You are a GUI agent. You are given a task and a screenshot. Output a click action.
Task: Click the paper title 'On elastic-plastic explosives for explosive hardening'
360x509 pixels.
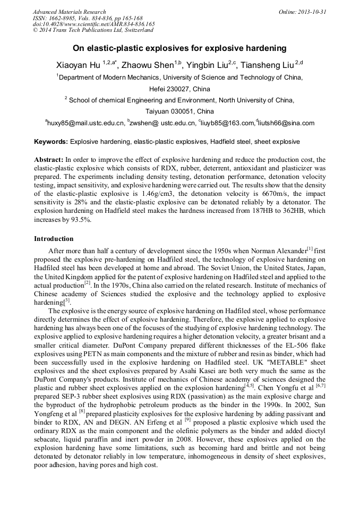pos(179,48)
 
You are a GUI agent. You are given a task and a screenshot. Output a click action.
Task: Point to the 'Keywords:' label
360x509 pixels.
pos(51,142)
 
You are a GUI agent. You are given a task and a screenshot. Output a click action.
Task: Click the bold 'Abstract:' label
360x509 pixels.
pos(49,159)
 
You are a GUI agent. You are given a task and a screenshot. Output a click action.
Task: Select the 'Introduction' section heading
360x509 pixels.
pos(54,238)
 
